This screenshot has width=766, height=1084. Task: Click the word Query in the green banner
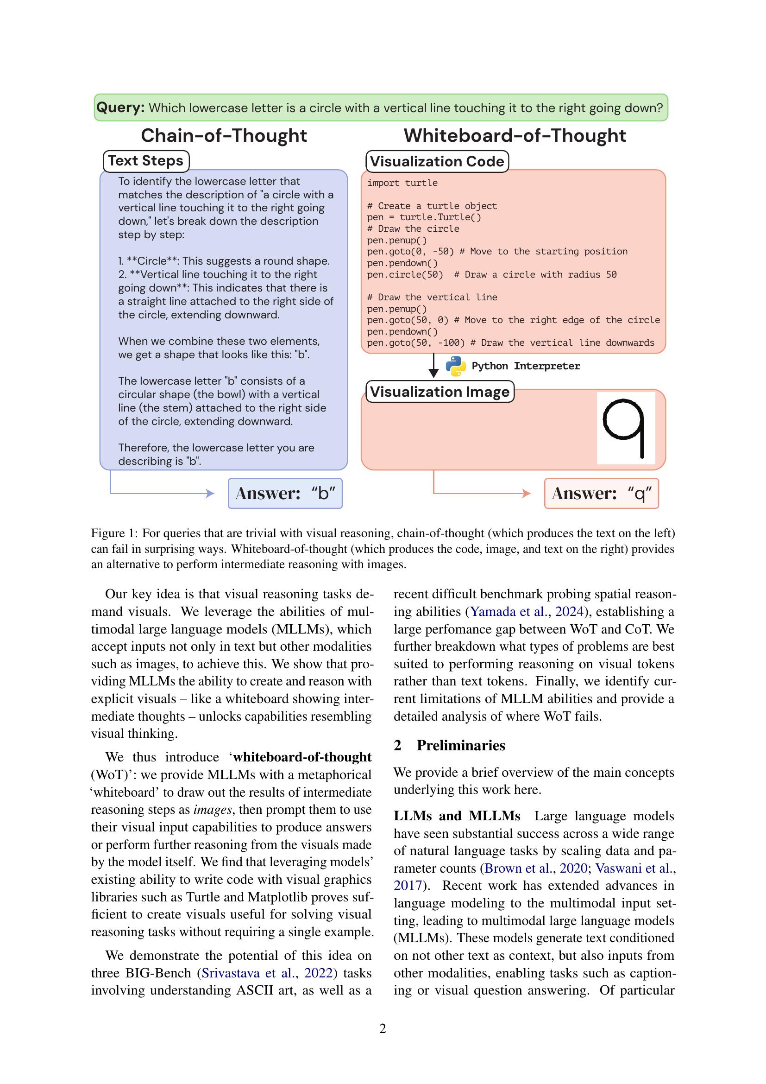[x=120, y=108]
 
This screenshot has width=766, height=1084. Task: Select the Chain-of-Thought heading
[x=224, y=136]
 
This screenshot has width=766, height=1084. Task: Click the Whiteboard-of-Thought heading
[x=515, y=136]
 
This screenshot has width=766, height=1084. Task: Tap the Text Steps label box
[x=146, y=161]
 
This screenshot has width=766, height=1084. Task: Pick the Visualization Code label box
[x=437, y=161]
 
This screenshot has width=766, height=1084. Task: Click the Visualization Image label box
[x=440, y=392]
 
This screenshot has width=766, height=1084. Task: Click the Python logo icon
[x=456, y=366]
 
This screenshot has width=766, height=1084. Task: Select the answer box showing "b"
[x=285, y=494]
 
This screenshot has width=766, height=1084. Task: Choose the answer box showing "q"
[x=601, y=494]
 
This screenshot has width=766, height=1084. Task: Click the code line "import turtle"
[x=402, y=183]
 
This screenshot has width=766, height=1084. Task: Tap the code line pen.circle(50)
[x=405, y=275]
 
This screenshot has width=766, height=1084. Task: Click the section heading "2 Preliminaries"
[x=449, y=746]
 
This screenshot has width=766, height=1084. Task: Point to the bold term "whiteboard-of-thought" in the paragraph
[x=302, y=757]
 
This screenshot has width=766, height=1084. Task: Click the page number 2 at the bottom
[x=383, y=1029]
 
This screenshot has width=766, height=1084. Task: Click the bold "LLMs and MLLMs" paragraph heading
[x=457, y=816]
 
